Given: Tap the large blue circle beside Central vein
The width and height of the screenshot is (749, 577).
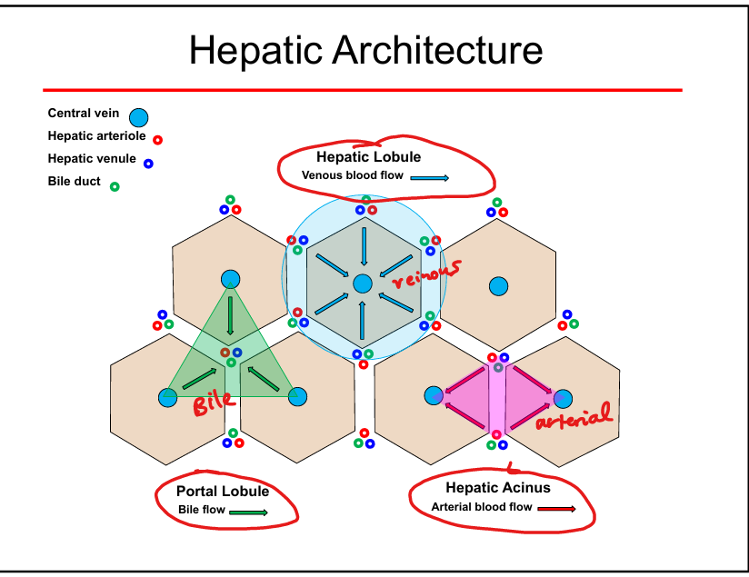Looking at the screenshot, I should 138,117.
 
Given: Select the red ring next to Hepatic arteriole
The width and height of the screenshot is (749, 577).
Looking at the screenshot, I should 157,140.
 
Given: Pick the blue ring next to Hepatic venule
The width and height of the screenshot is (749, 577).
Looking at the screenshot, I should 148,164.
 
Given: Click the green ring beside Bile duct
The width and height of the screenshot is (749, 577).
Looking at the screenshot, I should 115,186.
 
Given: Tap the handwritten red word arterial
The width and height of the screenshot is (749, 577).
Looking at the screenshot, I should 574,419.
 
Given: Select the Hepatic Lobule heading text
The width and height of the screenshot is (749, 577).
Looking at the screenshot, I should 368,157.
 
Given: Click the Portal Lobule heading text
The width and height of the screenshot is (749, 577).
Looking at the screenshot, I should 223,492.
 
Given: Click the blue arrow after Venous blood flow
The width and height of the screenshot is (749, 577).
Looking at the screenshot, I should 430,177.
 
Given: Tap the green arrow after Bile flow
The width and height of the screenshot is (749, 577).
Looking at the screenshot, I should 248,512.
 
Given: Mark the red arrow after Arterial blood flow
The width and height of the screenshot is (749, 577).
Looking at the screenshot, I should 556,508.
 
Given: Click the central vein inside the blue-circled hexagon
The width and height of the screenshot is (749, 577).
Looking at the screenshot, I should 363,284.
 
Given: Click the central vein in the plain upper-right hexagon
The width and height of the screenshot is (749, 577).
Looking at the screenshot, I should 498,286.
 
